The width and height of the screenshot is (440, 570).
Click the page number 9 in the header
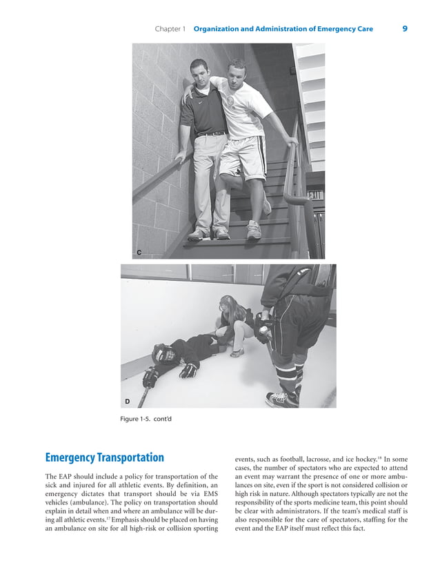pos(404,29)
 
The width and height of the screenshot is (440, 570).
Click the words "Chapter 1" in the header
pos(170,29)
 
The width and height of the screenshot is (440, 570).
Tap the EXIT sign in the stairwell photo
pos(315,196)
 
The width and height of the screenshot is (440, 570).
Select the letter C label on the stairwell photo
pos(139,253)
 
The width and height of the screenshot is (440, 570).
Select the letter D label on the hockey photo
pos(128,401)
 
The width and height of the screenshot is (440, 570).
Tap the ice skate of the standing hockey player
pos(283,399)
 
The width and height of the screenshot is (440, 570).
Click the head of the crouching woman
pos(227,304)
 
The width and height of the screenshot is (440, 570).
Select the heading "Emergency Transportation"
pos(104,458)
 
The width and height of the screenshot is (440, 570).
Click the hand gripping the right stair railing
pos(292,142)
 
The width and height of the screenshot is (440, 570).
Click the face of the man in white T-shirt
pos(237,71)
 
